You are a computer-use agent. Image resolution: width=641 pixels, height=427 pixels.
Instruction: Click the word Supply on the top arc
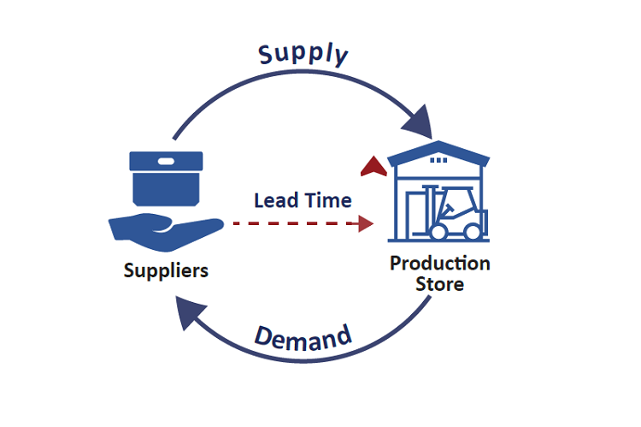[304, 54]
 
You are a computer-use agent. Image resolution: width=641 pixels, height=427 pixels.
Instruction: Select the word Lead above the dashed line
[273, 200]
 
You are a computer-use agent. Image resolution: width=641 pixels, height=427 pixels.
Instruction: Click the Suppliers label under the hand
[165, 270]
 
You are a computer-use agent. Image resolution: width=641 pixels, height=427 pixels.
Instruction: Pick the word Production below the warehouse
[439, 263]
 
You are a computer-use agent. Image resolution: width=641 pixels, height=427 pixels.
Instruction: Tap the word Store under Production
[439, 283]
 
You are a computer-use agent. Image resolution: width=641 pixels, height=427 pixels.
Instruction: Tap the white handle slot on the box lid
[165, 160]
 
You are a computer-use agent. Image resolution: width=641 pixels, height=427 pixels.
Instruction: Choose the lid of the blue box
[165, 162]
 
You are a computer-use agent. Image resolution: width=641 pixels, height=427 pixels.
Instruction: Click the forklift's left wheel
[441, 231]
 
